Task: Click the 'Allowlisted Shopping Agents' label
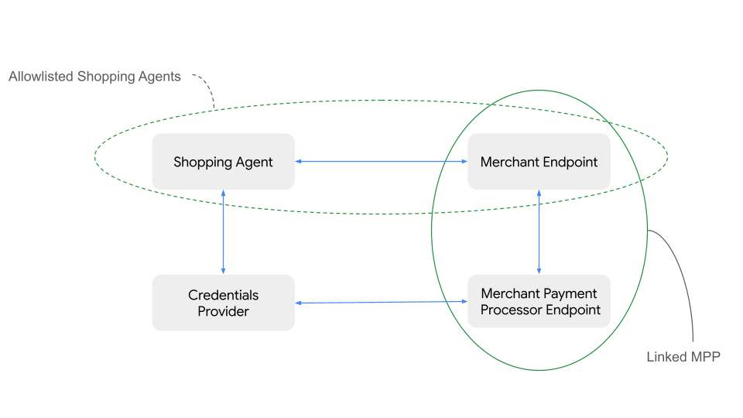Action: (x=94, y=77)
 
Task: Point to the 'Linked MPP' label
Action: (x=683, y=357)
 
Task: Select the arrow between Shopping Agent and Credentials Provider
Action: (x=223, y=231)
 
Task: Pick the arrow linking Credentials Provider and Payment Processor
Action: (x=381, y=302)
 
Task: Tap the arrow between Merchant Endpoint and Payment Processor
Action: (x=539, y=231)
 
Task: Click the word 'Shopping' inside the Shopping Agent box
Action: (x=200, y=163)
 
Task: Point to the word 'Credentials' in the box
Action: (x=223, y=295)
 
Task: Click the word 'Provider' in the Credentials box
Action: (x=223, y=311)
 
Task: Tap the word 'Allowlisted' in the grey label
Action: (x=41, y=77)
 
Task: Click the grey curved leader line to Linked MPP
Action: (x=682, y=279)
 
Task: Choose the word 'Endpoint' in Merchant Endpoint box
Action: (x=572, y=163)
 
